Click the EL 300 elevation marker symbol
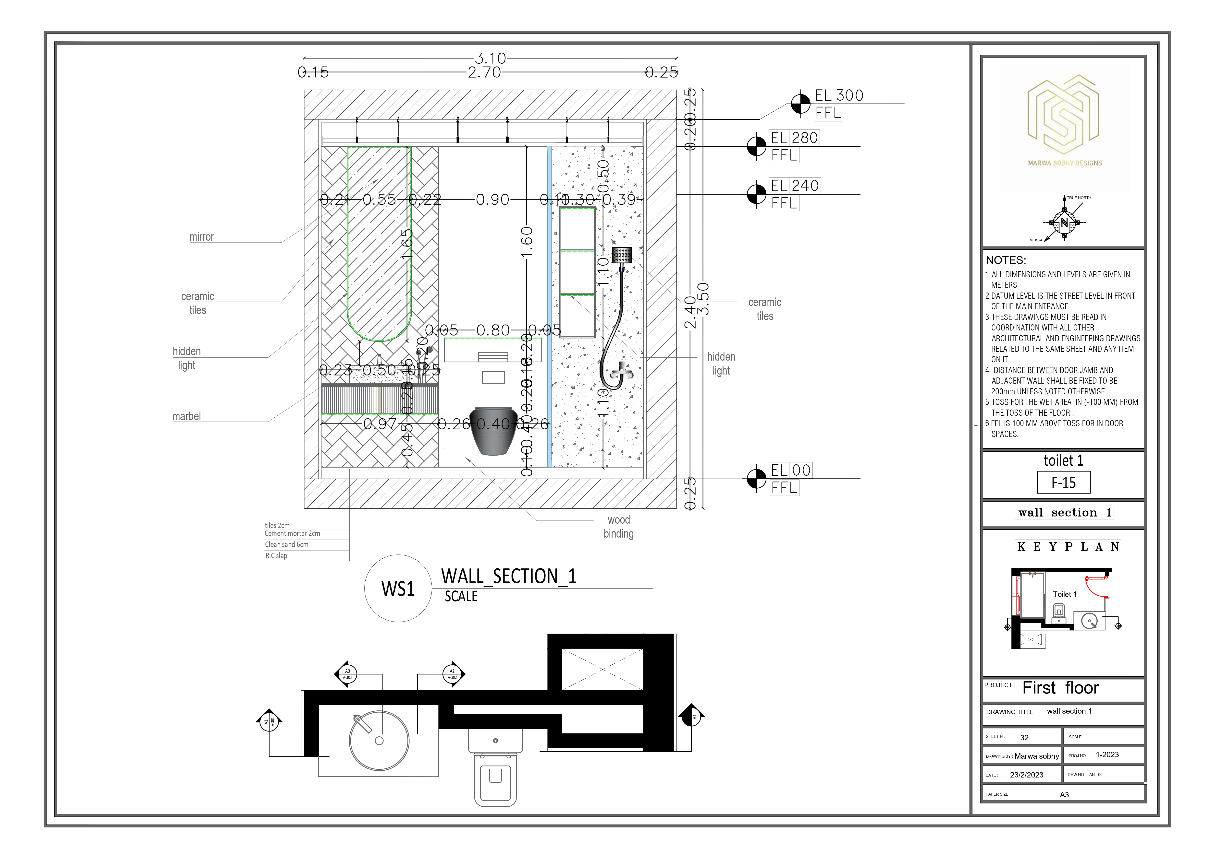tap(800, 104)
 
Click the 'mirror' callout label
tap(201, 237)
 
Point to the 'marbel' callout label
tap(186, 417)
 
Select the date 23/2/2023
tap(1026, 775)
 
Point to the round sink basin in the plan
tap(379, 741)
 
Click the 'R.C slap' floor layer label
tap(276, 556)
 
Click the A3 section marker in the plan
tap(347, 674)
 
